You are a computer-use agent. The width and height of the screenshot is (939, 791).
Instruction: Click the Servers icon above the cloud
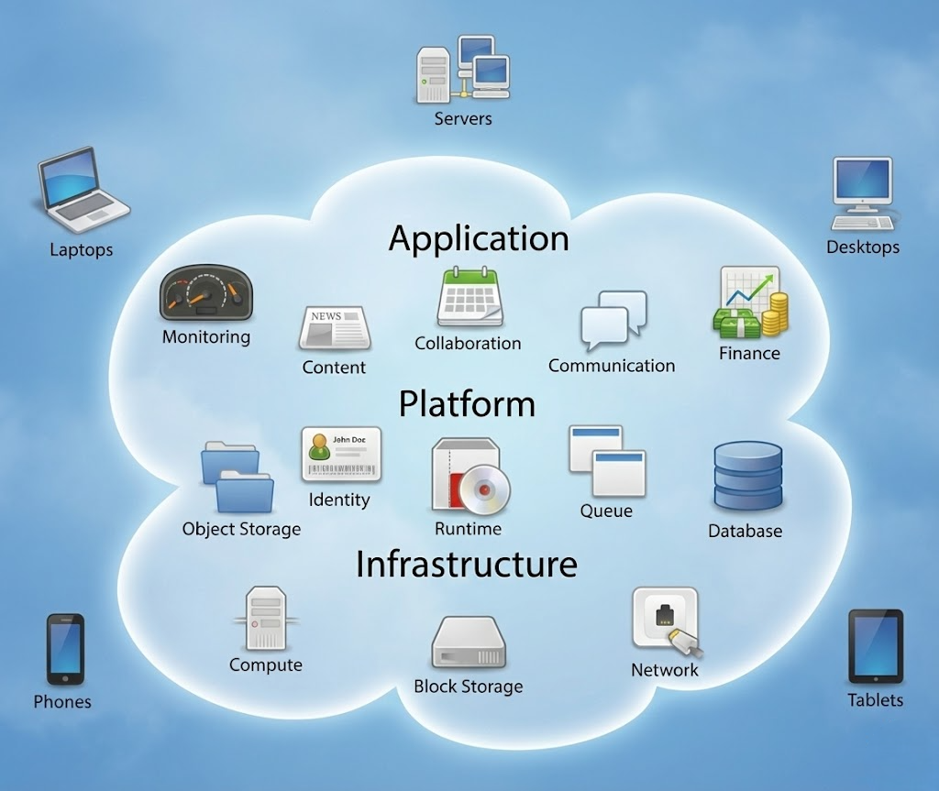click(x=463, y=69)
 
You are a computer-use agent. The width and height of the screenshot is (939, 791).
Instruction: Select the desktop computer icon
click(x=862, y=193)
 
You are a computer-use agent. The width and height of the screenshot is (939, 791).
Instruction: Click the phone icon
click(x=65, y=650)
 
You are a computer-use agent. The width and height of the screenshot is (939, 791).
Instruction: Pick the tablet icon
click(x=875, y=646)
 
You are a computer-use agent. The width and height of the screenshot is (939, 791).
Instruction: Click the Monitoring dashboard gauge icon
click(x=206, y=293)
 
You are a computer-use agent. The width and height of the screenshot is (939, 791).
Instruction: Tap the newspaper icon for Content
click(x=335, y=329)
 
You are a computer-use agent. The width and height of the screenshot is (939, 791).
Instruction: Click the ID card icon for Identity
click(x=340, y=454)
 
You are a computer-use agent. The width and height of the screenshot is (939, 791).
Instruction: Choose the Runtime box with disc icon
click(x=467, y=476)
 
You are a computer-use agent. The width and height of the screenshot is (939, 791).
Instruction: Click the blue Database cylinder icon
click(x=746, y=477)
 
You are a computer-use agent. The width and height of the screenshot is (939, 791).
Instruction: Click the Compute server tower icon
click(x=266, y=619)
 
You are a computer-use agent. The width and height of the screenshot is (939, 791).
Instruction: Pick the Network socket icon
click(x=666, y=621)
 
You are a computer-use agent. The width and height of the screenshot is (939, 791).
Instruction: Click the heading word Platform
click(x=467, y=403)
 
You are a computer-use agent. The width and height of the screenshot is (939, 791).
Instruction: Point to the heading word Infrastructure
click(x=466, y=564)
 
